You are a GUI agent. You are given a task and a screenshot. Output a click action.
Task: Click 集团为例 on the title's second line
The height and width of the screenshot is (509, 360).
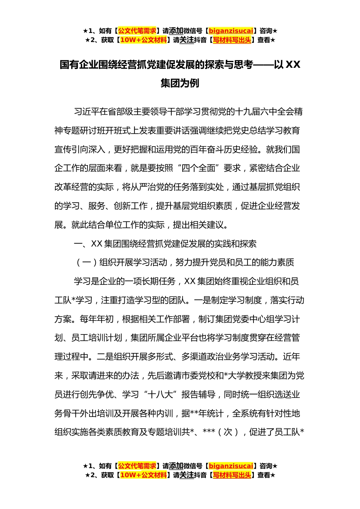click(180, 83)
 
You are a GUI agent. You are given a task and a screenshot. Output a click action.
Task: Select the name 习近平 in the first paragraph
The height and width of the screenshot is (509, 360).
click(87, 112)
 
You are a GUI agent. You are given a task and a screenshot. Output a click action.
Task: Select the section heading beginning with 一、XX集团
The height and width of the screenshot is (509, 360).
click(165, 244)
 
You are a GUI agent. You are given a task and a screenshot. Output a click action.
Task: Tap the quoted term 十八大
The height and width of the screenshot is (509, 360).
click(160, 395)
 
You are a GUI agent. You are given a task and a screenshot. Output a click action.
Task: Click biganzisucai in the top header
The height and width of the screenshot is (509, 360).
click(231, 31)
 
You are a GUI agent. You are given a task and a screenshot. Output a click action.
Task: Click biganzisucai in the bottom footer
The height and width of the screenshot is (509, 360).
click(231, 466)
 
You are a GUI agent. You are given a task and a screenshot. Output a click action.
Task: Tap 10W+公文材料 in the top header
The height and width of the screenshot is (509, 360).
click(143, 40)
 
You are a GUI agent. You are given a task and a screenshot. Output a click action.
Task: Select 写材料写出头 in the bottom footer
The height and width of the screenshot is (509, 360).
click(232, 475)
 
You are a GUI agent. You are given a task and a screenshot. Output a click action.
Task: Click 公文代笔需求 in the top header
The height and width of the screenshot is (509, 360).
click(137, 31)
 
